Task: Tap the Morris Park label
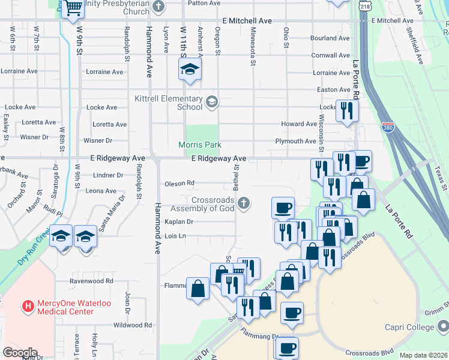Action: pos(200,145)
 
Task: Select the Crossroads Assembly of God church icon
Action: pos(244,203)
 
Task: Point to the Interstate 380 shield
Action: pos(388,127)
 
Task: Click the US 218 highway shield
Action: pos(365,5)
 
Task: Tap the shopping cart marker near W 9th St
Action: pos(73,8)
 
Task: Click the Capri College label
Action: pos(410,327)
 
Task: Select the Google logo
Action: pos(20,353)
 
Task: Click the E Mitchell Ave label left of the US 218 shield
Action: pos(247,20)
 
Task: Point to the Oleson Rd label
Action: pos(179,183)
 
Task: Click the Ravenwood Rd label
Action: pos(91,281)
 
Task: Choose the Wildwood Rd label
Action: pos(133,325)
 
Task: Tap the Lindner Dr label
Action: pos(108,176)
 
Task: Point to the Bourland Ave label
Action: pos(330,38)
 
